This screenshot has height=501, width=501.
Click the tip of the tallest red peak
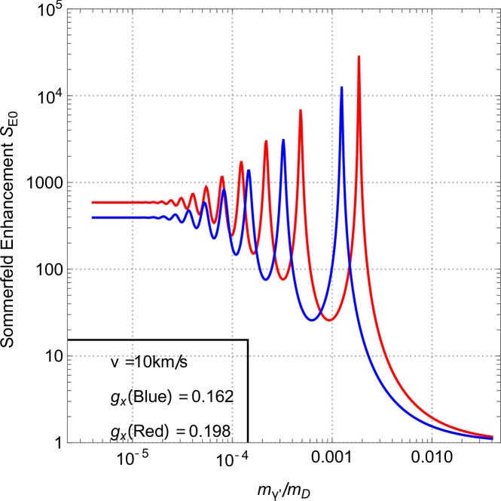(359, 57)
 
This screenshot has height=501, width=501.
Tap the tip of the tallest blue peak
(341, 88)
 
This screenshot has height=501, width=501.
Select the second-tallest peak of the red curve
(301, 110)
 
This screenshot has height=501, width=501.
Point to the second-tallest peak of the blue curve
(283, 140)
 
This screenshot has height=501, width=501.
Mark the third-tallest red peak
(266, 141)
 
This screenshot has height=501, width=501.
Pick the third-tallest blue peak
(249, 171)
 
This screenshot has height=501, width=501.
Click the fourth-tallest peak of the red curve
(241, 162)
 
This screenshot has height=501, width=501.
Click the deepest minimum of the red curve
(328, 321)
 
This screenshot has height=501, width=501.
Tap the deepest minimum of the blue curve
(312, 321)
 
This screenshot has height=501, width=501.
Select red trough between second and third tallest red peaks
(283, 280)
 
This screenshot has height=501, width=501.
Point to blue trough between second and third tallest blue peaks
(266, 280)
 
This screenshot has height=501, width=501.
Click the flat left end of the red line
(93, 202)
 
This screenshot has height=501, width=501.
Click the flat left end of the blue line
(93, 217)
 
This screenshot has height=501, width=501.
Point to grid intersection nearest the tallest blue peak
(332, 96)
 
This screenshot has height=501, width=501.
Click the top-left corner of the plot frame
(68, 10)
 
